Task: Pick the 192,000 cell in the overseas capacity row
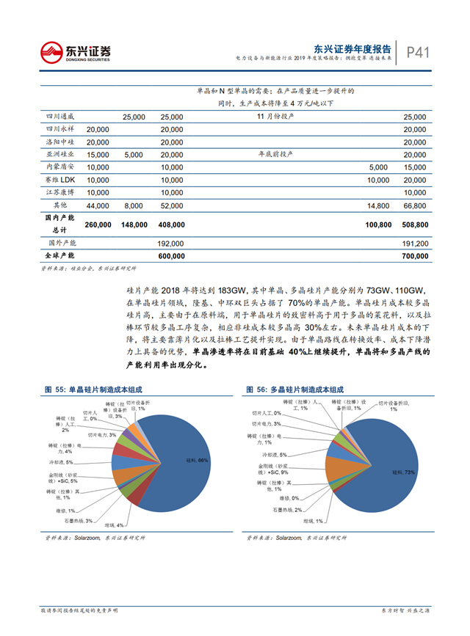[172, 242]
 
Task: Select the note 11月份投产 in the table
[275, 117]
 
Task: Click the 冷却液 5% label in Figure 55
[59, 462]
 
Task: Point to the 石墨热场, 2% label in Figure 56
[286, 510]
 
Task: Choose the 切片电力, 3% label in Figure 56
[267, 424]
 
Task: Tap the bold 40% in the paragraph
[297, 352]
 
